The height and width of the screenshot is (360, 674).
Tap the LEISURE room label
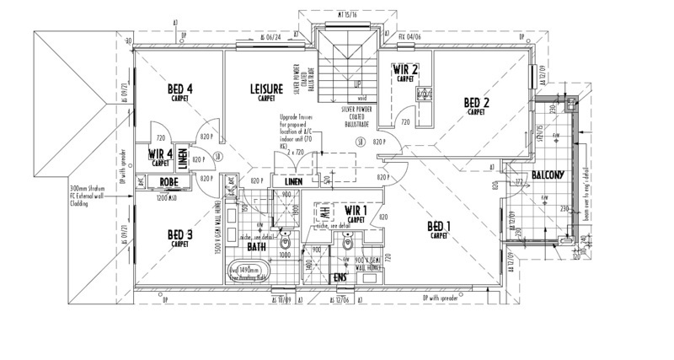coord(266,89)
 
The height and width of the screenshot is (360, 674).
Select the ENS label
coord(340,277)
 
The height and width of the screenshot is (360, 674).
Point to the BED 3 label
coord(179,234)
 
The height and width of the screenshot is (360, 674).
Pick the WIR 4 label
coord(160,154)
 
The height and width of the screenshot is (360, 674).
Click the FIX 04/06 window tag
coord(409,37)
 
